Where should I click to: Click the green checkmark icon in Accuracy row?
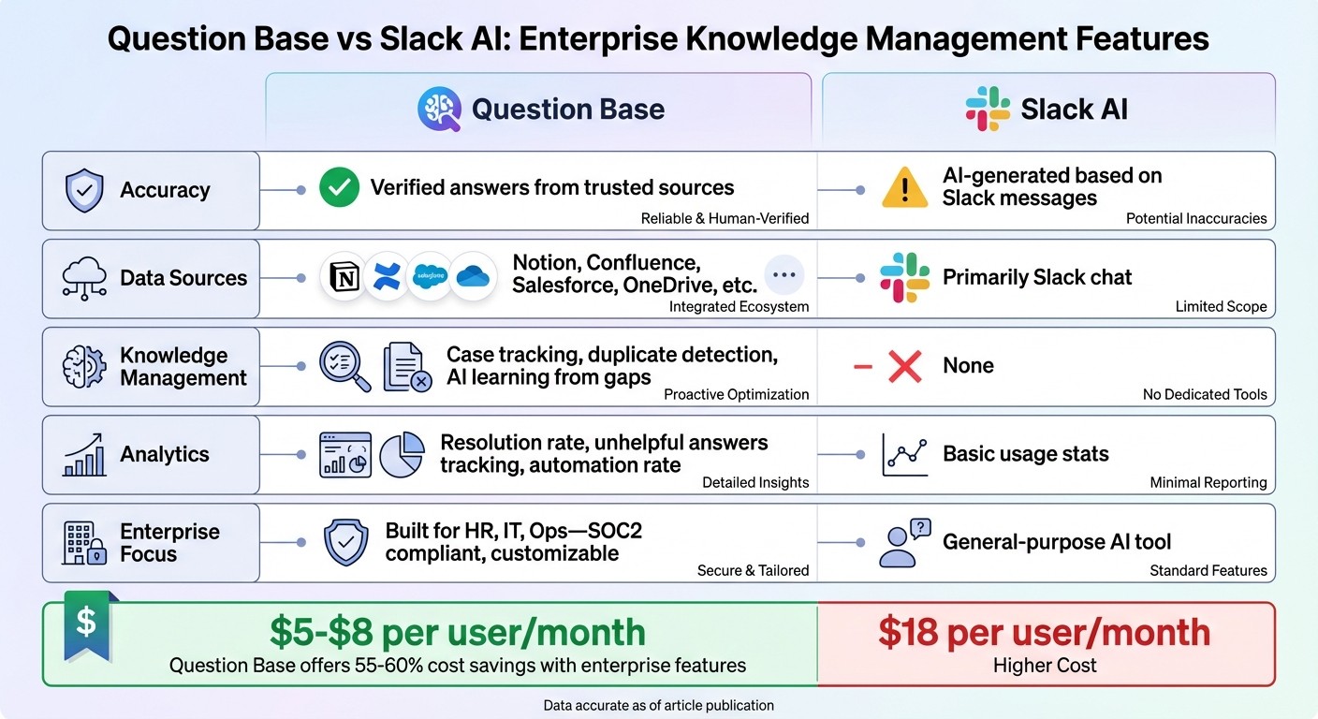pyautogui.click(x=339, y=188)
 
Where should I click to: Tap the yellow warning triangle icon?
pyautogui.click(x=904, y=188)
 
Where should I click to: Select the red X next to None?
pyautogui.click(x=904, y=365)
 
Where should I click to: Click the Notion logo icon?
pyautogui.click(x=345, y=277)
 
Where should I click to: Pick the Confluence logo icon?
pyautogui.click(x=388, y=277)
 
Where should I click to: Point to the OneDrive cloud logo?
pyautogui.click(x=474, y=277)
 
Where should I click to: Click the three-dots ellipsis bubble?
pyautogui.click(x=784, y=275)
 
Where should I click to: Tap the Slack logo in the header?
pyautogui.click(x=988, y=109)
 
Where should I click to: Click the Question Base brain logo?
pyautogui.click(x=439, y=109)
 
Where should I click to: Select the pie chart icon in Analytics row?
pyautogui.click(x=402, y=454)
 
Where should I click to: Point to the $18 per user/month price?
pyautogui.click(x=1044, y=633)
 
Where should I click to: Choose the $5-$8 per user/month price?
pyautogui.click(x=458, y=633)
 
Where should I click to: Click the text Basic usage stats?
pyautogui.click(x=1025, y=454)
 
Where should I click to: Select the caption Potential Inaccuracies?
pyautogui.click(x=1195, y=218)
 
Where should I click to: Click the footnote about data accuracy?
pyautogui.click(x=658, y=705)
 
